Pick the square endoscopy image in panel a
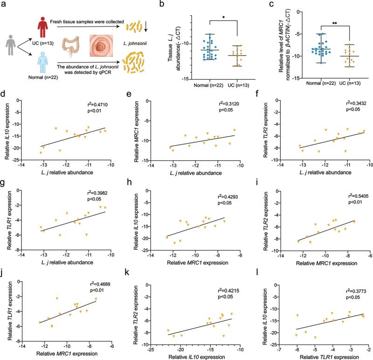[x=101, y=47]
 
